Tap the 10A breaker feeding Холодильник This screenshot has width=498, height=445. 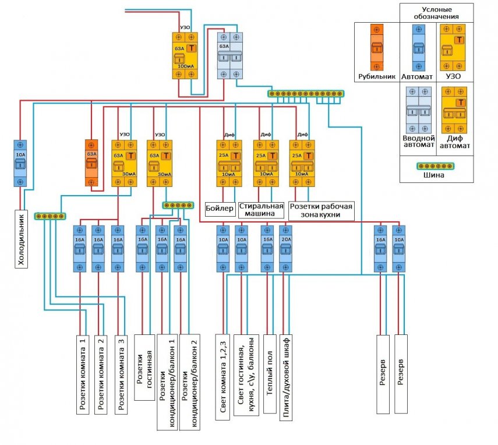[20, 163]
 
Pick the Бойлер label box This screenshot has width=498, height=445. [220, 207]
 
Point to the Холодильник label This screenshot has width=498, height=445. [22, 238]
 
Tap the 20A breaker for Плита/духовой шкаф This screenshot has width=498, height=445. [285, 249]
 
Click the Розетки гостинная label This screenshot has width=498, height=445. [144, 367]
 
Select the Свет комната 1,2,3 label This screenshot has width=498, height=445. [223, 376]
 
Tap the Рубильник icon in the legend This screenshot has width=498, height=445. [377, 47]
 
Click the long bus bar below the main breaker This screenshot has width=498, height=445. [306, 93]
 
